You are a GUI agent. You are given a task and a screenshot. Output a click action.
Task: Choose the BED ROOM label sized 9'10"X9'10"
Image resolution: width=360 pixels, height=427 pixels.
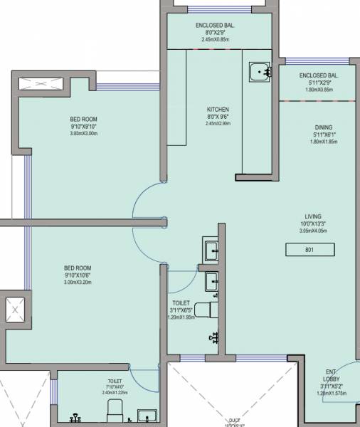(83, 120)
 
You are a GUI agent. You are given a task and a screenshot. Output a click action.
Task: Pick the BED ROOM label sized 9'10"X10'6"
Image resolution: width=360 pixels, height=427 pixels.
(78, 268)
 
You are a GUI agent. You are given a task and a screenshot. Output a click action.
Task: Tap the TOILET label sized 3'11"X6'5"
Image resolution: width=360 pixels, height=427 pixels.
(181, 303)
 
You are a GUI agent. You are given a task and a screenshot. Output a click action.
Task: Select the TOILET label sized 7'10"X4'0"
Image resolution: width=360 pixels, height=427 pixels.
(115, 382)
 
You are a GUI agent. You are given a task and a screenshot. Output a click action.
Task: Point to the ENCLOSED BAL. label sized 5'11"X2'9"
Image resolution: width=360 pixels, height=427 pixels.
(318, 75)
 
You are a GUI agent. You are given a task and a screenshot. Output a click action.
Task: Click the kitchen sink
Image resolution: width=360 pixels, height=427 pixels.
(259, 71)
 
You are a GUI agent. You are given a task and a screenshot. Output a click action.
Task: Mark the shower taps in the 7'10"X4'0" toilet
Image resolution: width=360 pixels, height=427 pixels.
(75, 417)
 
